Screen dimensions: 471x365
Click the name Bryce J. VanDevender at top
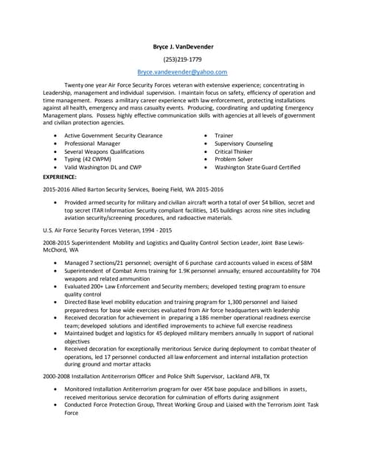pyautogui.click(x=182, y=46)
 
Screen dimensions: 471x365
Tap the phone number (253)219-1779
pyautogui.click(x=182, y=59)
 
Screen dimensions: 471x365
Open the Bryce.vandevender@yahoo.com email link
pyautogui.click(x=182, y=72)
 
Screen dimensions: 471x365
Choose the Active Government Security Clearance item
pyautogui.click(x=113, y=136)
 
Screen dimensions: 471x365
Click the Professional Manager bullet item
pyautogui.click(x=92, y=144)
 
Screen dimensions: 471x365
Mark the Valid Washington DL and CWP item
pyautogui.click(x=102, y=167)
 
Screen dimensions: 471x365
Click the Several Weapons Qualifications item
pyautogui.click(x=104, y=152)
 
